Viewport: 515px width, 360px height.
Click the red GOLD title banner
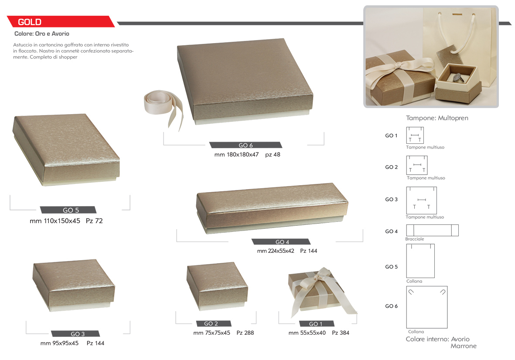(x=61, y=22)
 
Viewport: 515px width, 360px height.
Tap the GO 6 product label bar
(x=246, y=145)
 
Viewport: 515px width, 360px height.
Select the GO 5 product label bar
(x=68, y=210)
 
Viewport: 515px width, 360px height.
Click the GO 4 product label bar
(x=281, y=242)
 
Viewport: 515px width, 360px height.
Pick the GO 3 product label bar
(x=75, y=334)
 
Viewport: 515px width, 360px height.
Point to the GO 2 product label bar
(x=214, y=323)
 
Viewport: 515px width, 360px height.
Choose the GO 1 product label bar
(x=317, y=324)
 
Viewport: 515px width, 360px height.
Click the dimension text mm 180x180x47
(x=236, y=155)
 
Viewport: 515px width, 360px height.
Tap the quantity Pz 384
(x=341, y=333)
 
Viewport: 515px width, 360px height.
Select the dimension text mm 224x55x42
(x=276, y=251)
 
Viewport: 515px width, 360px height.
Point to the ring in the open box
(x=457, y=78)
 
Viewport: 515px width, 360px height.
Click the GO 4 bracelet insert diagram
(x=432, y=231)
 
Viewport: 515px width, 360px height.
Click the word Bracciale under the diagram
(x=415, y=239)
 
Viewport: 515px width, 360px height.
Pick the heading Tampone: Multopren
(x=437, y=118)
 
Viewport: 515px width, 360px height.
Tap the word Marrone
(x=464, y=346)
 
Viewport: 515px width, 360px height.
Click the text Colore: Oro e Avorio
(x=42, y=34)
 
